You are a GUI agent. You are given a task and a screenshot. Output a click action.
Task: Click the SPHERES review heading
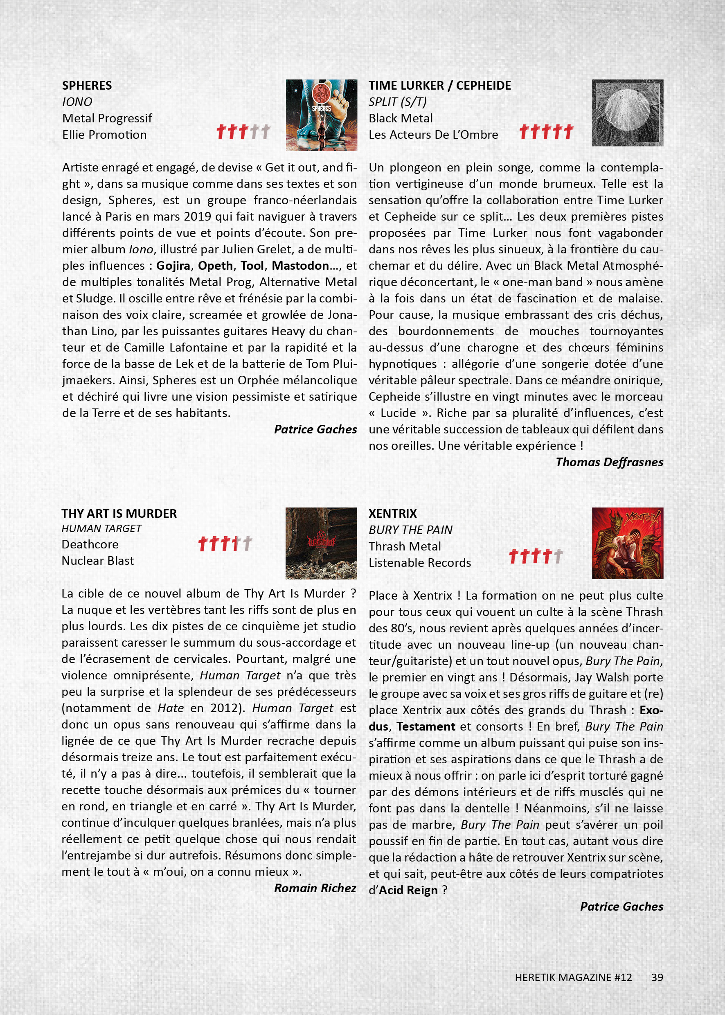87,85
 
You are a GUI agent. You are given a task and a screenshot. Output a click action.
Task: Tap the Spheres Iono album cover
321,115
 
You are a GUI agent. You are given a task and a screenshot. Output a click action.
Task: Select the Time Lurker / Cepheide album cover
627,113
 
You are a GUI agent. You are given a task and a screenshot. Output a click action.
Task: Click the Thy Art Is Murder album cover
321,543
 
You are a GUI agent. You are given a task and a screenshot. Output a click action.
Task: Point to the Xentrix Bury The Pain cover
627,543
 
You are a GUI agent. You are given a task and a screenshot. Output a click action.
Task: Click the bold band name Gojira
173,266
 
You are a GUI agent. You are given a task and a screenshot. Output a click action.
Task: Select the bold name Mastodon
300,266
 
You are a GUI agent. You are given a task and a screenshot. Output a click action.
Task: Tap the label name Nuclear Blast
97,560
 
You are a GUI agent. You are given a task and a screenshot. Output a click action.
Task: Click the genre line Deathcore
90,544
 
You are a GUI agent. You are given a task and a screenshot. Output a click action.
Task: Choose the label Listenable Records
420,563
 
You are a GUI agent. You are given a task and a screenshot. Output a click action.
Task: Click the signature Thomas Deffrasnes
609,462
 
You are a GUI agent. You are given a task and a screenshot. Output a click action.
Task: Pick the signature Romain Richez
315,888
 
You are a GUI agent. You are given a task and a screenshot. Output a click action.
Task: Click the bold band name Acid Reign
408,891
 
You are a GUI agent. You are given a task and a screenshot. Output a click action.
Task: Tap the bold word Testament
426,726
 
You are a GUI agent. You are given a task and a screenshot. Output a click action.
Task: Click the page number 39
657,977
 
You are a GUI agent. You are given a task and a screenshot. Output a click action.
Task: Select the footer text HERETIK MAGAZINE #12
573,977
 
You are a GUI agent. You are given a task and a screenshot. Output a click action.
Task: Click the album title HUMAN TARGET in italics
101,528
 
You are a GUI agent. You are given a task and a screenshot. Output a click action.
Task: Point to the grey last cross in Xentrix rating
558,556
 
